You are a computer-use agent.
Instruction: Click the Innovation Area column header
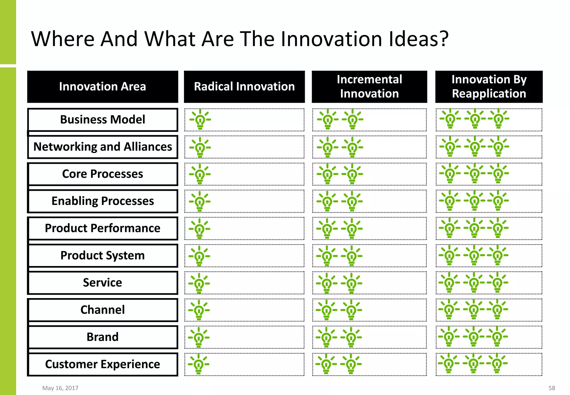102,87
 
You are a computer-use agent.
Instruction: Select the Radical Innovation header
244,87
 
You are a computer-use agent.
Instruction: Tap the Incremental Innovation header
369,87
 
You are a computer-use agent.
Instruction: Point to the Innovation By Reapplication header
489,87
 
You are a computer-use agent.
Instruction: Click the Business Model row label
102,120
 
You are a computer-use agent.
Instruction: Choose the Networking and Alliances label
102,147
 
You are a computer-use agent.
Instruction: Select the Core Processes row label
102,174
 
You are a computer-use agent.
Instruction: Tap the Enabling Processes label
102,201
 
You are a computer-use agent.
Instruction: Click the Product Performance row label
102,228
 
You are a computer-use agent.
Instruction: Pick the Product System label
102,255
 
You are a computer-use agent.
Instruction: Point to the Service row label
102,282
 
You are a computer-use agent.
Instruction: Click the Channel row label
102,310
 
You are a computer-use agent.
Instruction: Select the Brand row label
102,337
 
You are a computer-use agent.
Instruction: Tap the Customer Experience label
102,364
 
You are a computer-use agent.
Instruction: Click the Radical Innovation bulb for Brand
199,337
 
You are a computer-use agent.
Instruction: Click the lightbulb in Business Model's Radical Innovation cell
200,120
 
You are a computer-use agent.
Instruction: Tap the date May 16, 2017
60,388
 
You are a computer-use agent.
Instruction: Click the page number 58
552,388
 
